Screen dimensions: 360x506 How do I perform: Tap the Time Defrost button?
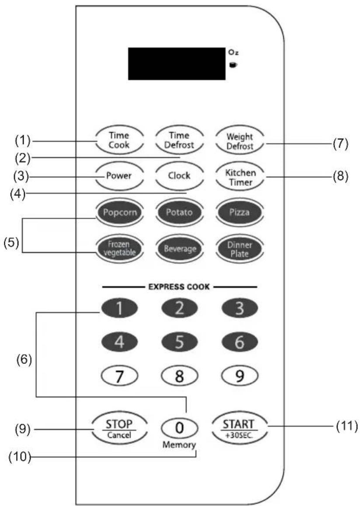coord(179,140)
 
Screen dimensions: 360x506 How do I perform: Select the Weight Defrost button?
coord(240,141)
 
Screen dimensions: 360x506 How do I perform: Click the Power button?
coord(119,176)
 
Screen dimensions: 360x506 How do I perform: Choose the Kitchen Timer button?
coord(240,177)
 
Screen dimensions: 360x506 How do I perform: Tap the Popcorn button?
coord(120,213)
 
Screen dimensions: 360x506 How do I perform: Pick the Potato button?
coord(179,213)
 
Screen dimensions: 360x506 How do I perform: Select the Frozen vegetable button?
coord(119,248)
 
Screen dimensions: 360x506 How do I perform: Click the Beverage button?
coord(180,248)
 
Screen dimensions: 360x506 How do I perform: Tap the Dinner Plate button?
coord(240,249)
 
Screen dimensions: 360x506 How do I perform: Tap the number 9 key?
coord(240,376)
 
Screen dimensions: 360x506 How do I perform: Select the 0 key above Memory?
coord(179,428)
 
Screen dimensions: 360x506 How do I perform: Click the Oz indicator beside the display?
coord(233,52)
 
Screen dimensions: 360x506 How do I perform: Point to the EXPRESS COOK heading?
coord(179,286)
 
